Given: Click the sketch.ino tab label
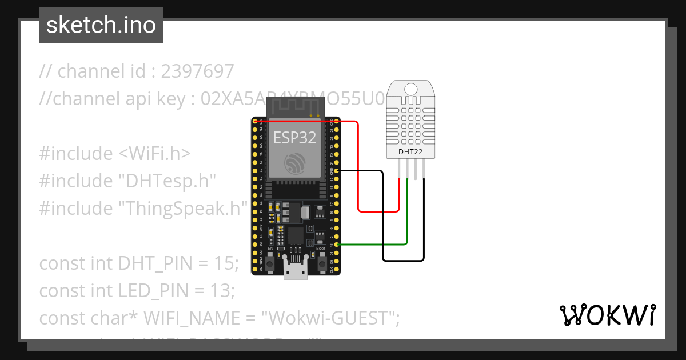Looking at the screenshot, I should (x=101, y=25).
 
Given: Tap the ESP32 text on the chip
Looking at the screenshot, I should (x=294, y=138).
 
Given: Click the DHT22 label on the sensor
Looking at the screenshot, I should (x=411, y=151).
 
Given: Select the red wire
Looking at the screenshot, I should (x=358, y=171).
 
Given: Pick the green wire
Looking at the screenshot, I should (x=407, y=217).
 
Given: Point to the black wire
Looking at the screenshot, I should (x=382, y=217).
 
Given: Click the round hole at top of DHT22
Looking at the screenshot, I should (x=411, y=89).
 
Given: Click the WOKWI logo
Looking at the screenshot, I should (x=607, y=315).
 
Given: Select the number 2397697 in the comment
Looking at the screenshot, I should (x=198, y=71).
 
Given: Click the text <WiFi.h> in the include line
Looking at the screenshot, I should (x=154, y=154).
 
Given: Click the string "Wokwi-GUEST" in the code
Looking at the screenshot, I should (x=330, y=318).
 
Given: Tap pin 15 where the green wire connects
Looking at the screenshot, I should (x=337, y=245).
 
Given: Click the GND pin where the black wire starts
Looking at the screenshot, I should (x=337, y=171).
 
